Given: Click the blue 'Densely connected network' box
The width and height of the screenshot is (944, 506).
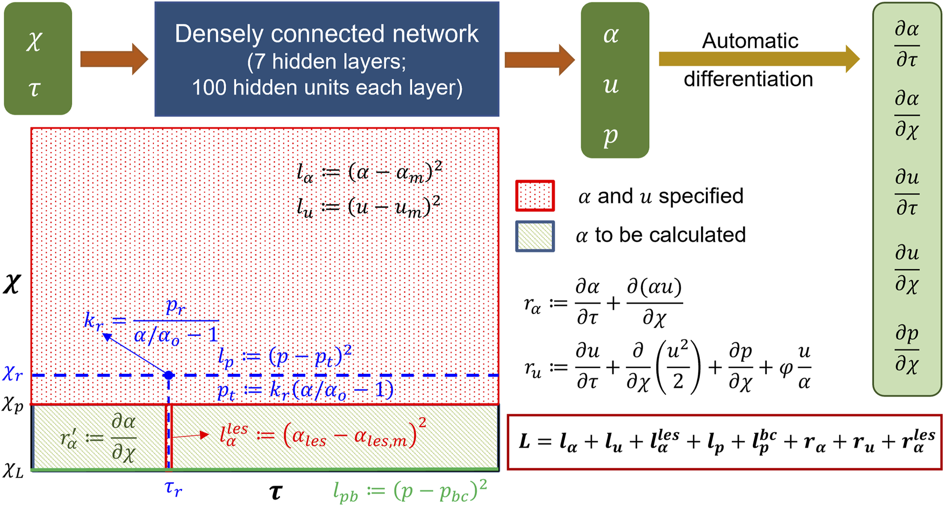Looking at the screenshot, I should tap(327, 59).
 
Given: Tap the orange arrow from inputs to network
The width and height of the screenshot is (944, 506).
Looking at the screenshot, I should tap(113, 59).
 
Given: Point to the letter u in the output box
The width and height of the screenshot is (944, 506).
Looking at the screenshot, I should tap(611, 85).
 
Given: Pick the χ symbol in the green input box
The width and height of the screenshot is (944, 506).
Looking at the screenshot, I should tap(34, 40).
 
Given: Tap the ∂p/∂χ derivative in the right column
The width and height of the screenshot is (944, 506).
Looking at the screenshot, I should tap(907, 350).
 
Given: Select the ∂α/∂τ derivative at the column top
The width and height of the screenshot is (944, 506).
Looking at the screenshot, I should tap(907, 44).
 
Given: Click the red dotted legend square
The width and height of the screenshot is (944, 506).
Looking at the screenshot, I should tap(535, 196).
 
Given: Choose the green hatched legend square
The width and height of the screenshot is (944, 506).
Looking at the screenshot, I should tap(535, 236).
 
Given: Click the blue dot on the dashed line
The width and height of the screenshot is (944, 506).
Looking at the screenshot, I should tap(168, 375).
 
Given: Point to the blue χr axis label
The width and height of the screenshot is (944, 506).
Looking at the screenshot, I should tap(13, 373).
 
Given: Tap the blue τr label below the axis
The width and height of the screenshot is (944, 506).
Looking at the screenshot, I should tap(173, 488).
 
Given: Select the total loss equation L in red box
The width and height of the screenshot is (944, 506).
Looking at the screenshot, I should tap(725, 442).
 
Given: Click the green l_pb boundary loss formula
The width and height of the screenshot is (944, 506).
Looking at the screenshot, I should tap(410, 491).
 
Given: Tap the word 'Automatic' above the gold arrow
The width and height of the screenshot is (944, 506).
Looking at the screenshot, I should tap(750, 41).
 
